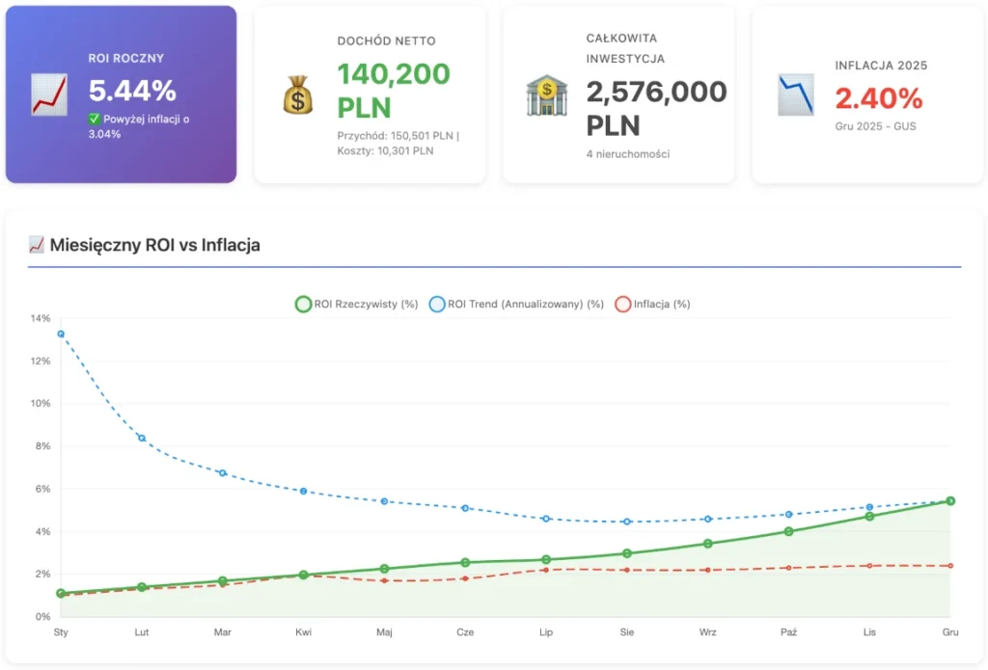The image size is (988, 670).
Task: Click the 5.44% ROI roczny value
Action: pyautogui.click(x=132, y=91)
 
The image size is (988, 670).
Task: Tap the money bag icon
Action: pyautogui.click(x=297, y=95)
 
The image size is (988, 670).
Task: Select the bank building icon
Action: pyautogui.click(x=546, y=95)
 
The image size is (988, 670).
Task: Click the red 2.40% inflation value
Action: pyautogui.click(x=879, y=98)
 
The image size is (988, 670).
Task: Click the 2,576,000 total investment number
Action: pyautogui.click(x=656, y=92)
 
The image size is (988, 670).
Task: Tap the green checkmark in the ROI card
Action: pyautogui.click(x=95, y=119)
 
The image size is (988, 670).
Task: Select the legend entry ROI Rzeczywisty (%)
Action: pyautogui.click(x=356, y=304)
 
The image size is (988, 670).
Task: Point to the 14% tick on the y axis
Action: pyautogui.click(x=41, y=318)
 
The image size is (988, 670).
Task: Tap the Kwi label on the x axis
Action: pyautogui.click(x=303, y=632)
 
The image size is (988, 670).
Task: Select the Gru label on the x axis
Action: pyautogui.click(x=950, y=632)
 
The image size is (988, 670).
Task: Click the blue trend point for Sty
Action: pyautogui.click(x=61, y=334)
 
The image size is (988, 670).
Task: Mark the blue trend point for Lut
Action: pyautogui.click(x=142, y=438)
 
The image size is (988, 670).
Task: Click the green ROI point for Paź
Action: pyautogui.click(x=788, y=531)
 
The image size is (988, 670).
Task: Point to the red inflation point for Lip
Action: pyautogui.click(x=546, y=570)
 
